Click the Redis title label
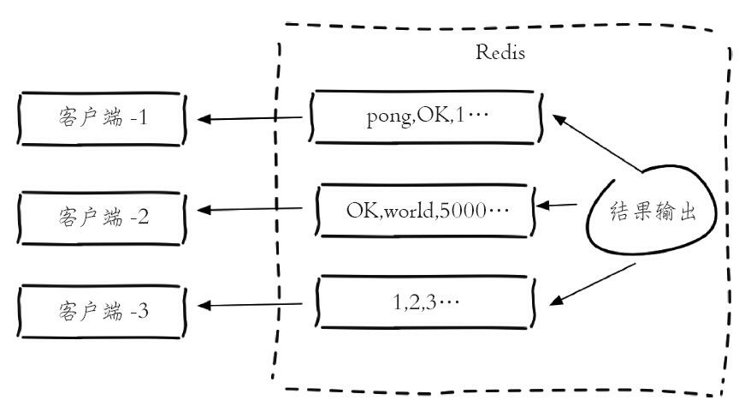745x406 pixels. point(500,52)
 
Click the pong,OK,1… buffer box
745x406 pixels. point(427,116)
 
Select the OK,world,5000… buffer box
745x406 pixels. point(427,208)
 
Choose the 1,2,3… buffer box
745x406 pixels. point(427,302)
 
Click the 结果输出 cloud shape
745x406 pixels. point(650,214)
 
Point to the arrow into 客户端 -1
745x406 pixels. point(252,118)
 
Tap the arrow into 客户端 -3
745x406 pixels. point(252,305)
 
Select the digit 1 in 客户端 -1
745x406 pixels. point(143,118)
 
